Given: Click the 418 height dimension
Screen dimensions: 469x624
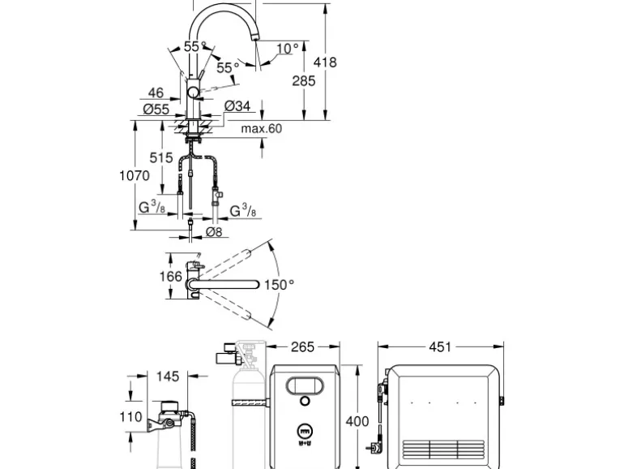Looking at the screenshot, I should click(327, 62).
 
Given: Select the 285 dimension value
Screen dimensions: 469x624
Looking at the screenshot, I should click(304, 80).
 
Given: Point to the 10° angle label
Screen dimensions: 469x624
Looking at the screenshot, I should click(288, 49).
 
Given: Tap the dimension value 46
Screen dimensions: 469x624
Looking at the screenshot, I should click(156, 93).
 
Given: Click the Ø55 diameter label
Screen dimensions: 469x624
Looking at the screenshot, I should click(155, 108).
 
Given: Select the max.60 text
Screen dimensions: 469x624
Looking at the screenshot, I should click(261, 128).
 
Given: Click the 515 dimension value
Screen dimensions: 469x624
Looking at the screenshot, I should click(161, 157).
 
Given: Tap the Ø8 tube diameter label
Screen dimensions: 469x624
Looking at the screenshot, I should click(214, 232).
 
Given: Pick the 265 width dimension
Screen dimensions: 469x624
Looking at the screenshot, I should click(301, 348).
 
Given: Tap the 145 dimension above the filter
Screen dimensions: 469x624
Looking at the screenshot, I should click(169, 376).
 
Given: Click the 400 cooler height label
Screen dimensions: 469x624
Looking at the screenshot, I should click(357, 422).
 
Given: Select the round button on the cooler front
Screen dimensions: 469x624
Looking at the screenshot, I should click(305, 401).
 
